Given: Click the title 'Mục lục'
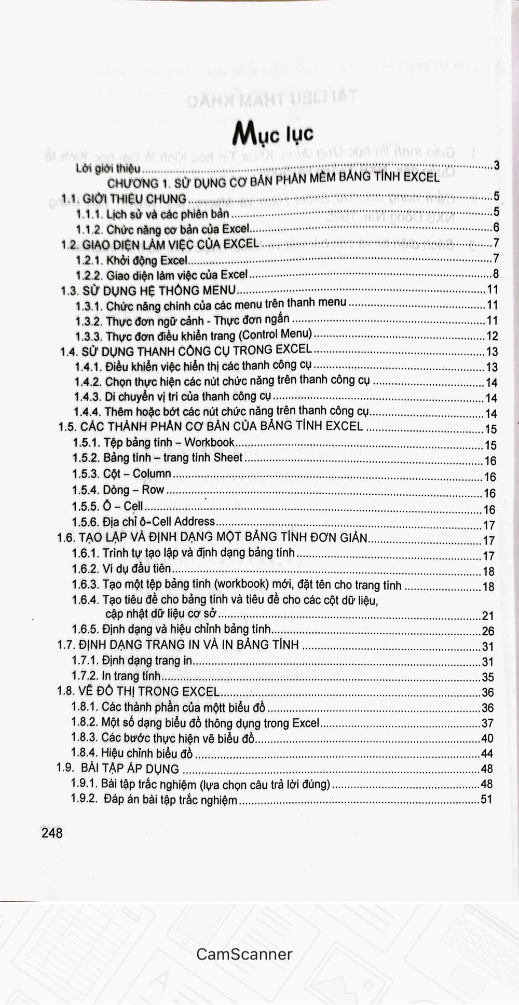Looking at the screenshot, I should (x=273, y=134).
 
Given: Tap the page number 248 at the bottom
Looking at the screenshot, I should (x=51, y=833).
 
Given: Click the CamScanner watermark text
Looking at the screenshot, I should (x=244, y=954).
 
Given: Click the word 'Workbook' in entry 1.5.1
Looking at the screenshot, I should (x=210, y=442).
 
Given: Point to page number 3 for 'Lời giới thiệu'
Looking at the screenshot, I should (x=496, y=166).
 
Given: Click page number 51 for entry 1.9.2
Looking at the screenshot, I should (x=486, y=799).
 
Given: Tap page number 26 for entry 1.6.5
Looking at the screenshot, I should (x=488, y=631).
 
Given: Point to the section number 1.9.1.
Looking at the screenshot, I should (x=84, y=784).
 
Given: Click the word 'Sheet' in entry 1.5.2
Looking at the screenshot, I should (x=228, y=457).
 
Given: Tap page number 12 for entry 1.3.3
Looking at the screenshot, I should (x=491, y=336).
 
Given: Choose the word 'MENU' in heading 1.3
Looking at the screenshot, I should (x=218, y=290).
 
